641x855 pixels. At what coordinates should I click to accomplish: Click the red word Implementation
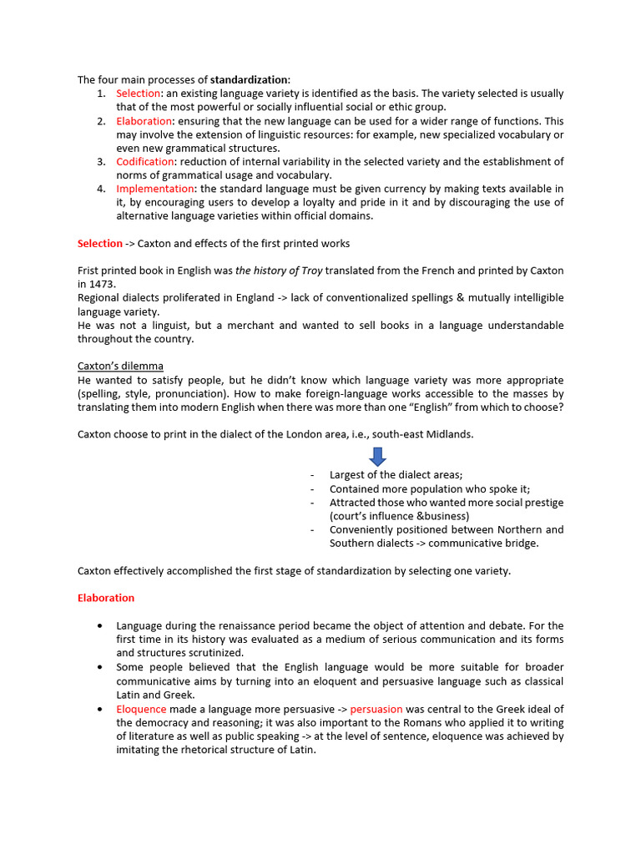coord(154,189)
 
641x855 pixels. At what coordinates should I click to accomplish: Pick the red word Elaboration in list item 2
coord(144,121)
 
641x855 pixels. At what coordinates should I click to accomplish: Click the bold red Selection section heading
coord(99,244)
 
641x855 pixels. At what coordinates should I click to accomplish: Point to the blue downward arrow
coord(377,456)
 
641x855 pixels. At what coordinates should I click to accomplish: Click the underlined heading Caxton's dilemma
coord(120,367)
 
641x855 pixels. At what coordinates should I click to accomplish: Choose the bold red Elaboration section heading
coord(105,598)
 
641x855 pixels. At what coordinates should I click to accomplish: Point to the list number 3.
coord(100,161)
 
